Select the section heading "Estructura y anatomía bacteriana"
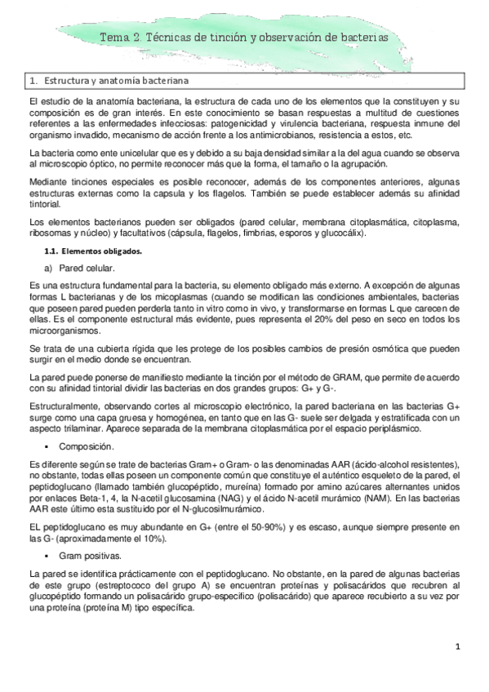point(116,82)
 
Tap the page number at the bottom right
point(459,647)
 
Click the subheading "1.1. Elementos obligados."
point(96,252)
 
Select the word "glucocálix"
point(336,233)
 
